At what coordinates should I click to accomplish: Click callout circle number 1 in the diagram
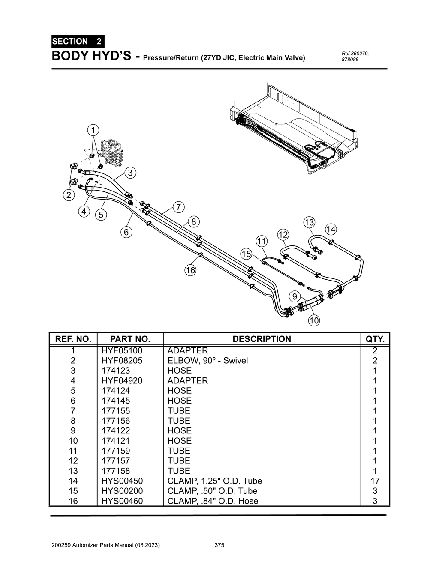coord(93,129)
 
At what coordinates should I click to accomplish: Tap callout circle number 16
coord(190,270)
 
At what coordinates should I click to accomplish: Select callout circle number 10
coord(314,320)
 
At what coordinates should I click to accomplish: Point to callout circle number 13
coord(309,222)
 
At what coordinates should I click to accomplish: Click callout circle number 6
coord(126,232)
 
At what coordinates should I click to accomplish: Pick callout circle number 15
coord(246,254)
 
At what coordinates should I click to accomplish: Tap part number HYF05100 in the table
coord(122,350)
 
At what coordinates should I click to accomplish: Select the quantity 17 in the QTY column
coord(375,481)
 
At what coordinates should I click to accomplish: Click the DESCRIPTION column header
coord(262,339)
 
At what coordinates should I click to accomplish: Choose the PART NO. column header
coord(130,339)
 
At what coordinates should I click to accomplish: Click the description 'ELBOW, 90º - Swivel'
coord(207,360)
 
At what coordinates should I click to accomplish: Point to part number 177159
coord(116,451)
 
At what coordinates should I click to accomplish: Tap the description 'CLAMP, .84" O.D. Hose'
coord(213,501)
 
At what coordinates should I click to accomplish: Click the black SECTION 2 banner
coord(77,42)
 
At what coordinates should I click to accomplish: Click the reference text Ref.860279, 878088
coord(355,56)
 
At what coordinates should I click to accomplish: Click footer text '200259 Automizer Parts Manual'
coord(105,545)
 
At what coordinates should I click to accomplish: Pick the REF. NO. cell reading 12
coord(73,460)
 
